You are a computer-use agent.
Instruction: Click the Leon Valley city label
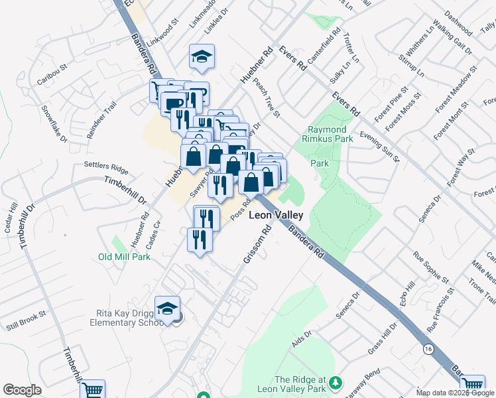click(x=275, y=216)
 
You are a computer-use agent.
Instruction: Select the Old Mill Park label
click(x=125, y=257)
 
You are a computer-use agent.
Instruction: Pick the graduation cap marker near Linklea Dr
click(x=201, y=57)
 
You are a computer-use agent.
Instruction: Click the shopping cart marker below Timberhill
click(x=92, y=389)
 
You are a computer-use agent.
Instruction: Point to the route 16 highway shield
click(x=426, y=348)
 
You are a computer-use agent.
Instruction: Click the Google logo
click(x=22, y=390)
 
